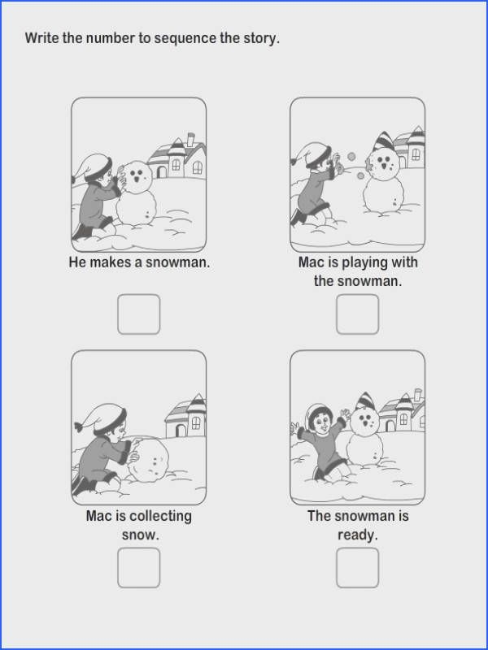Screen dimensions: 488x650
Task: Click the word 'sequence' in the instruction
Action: [x=185, y=38]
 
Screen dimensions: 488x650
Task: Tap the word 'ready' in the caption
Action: [x=357, y=535]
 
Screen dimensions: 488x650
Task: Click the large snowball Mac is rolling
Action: [x=148, y=460]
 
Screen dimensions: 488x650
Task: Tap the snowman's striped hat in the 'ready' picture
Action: [x=365, y=401]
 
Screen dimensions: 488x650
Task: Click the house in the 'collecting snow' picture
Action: [x=186, y=416]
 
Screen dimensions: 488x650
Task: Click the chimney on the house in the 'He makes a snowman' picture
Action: [x=190, y=139]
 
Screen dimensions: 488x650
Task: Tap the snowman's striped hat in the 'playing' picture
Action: [x=384, y=141]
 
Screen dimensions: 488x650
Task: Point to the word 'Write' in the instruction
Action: [x=42, y=38]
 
